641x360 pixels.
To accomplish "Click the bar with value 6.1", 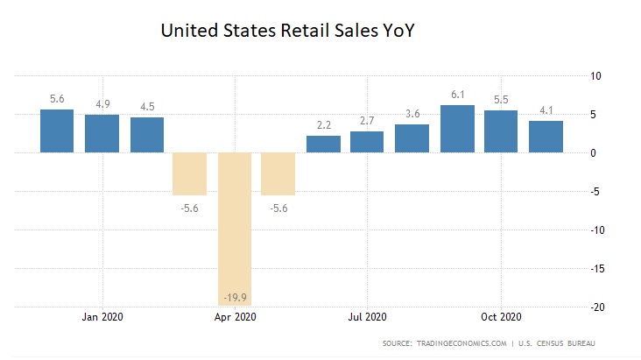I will (x=457, y=129).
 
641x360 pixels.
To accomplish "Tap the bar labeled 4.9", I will (x=102, y=133).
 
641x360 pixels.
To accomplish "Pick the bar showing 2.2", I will (x=323, y=145).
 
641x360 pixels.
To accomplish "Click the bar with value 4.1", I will (x=546, y=137).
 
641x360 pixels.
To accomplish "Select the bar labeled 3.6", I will (x=412, y=138).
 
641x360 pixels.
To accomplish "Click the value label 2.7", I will (x=367, y=121).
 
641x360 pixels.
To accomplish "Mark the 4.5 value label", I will (x=146, y=107).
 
